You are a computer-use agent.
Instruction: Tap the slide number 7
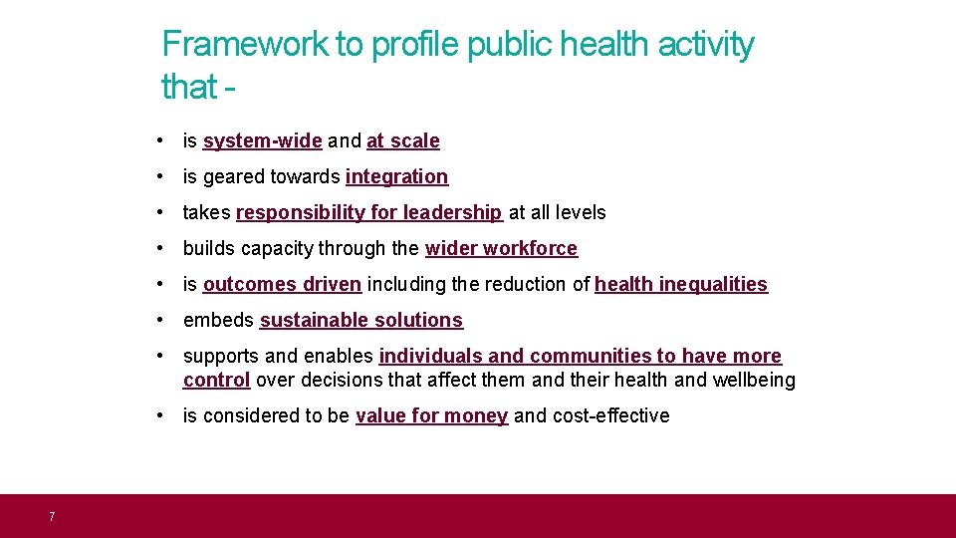51,516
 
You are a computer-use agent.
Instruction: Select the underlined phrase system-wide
262,141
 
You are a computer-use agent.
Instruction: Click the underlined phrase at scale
402,141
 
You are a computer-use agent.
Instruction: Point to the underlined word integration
396,177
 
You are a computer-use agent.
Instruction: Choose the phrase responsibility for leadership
368,213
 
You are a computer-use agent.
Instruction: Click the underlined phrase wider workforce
501,249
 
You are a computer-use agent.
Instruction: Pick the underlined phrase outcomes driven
282,285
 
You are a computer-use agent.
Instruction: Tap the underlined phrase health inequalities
681,285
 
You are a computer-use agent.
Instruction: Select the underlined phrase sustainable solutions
360,321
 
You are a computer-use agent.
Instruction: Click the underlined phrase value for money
431,416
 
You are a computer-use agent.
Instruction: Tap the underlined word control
216,381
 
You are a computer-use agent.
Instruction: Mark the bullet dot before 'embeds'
160,320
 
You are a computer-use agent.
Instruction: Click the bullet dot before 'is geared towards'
160,176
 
